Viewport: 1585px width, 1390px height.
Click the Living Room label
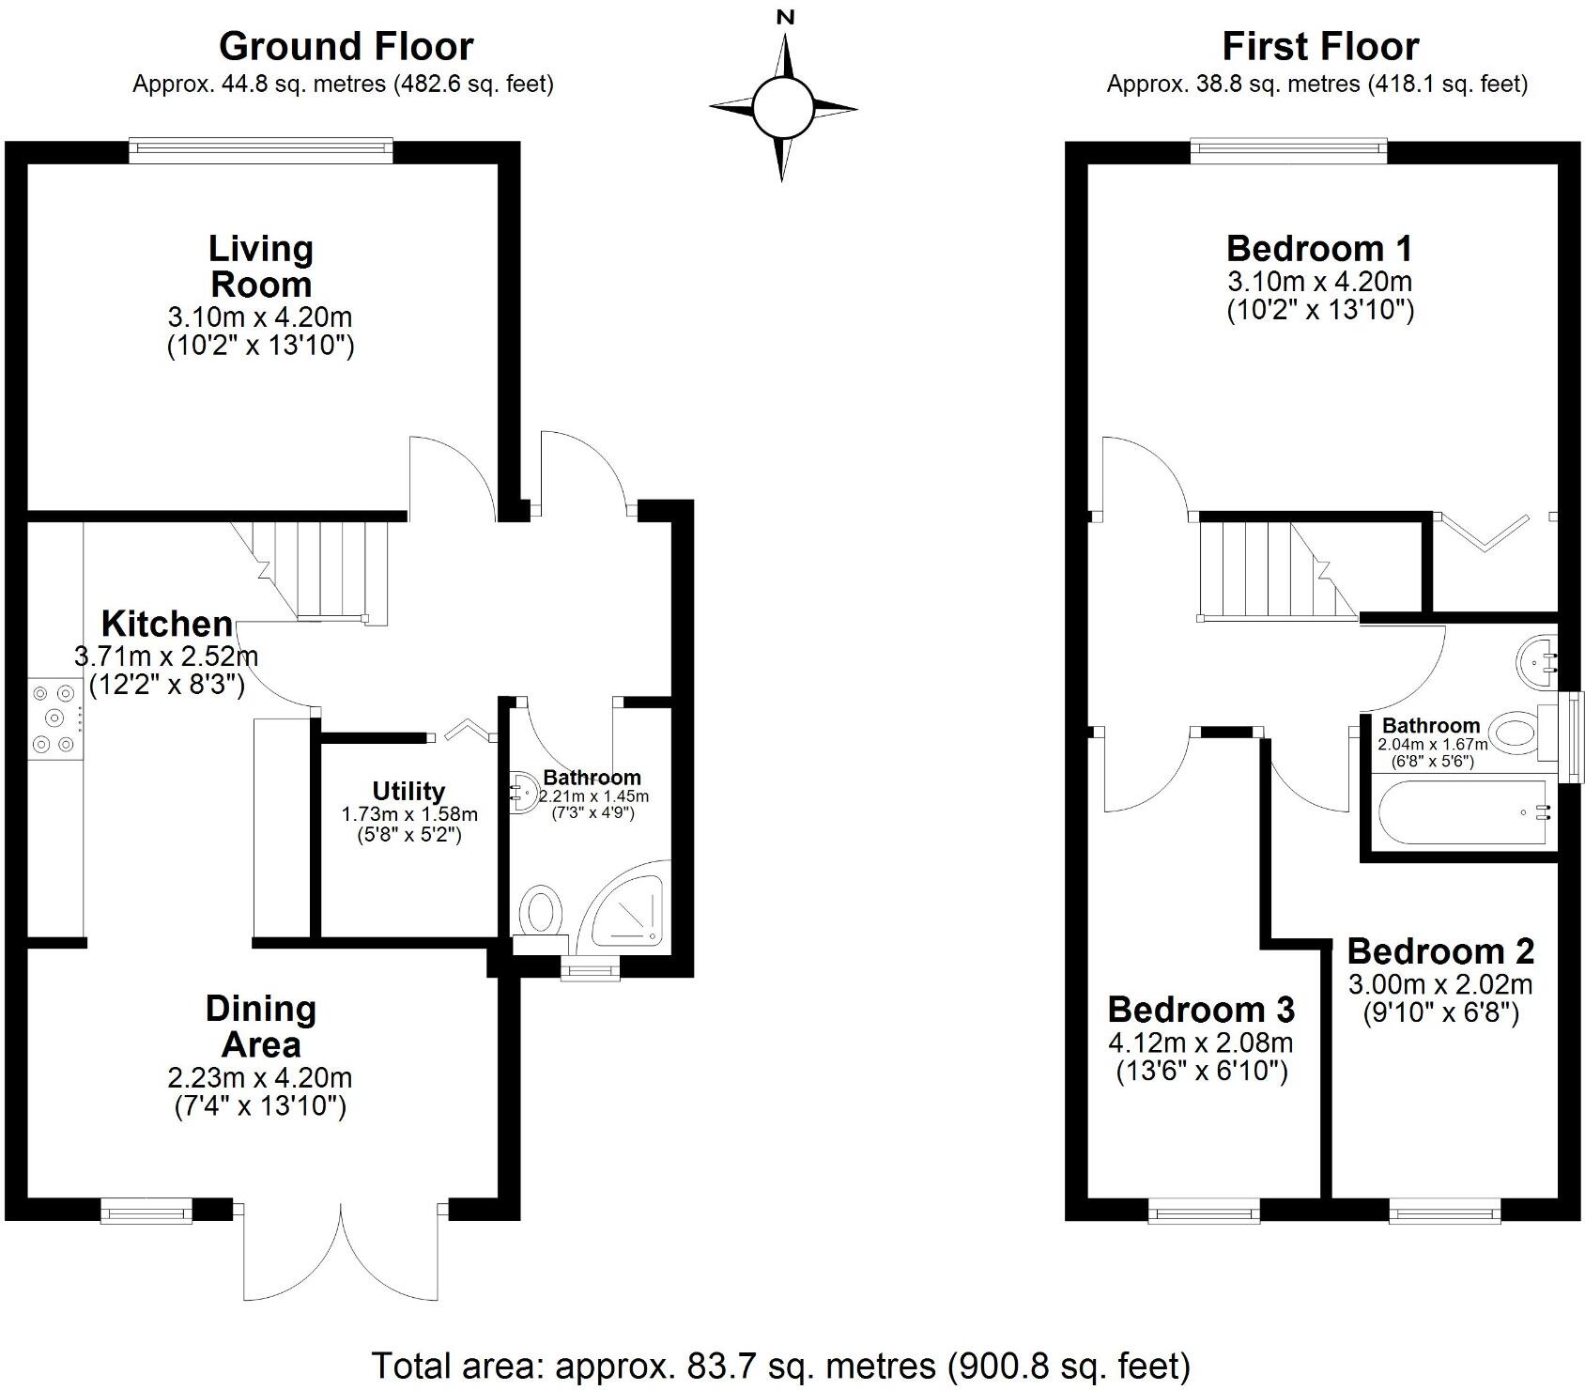point(260,267)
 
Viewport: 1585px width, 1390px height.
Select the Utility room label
point(408,791)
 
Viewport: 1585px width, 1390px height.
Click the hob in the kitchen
point(54,719)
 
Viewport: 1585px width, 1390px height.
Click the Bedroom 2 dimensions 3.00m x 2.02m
point(1440,984)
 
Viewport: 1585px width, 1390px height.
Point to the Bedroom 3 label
point(1201,1010)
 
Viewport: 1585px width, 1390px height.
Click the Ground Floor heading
point(346,46)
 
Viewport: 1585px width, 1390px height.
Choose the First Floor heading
point(1319,46)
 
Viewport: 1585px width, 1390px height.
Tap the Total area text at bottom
point(780,1365)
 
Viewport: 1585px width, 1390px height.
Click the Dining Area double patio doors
point(340,1249)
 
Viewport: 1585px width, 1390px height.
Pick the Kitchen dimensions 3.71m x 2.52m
point(166,656)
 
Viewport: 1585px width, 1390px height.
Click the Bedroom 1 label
point(1318,249)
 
